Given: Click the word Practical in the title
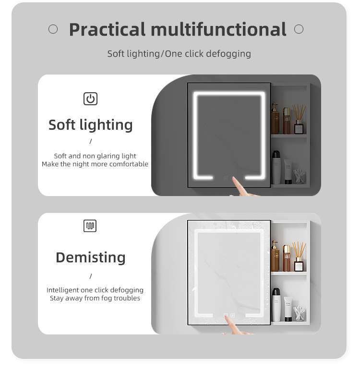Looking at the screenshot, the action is tap(107, 30).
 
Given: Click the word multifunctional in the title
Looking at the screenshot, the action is tap(218, 29).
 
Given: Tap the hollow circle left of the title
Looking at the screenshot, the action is tap(53, 29).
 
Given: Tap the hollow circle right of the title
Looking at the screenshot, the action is tap(299, 29).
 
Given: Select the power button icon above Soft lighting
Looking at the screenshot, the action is tap(91, 99).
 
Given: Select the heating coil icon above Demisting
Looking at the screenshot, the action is tap(90, 226).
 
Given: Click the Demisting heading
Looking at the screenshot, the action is tap(91, 258).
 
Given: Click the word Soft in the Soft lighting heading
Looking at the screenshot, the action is tap(62, 124).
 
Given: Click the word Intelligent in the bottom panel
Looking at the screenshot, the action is tap(62, 290).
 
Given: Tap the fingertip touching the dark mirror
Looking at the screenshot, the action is tap(234, 179).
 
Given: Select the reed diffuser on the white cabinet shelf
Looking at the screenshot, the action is tap(299, 257).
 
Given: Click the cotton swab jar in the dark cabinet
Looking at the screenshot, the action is tap(299, 176).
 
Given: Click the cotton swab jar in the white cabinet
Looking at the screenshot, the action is tap(299, 313).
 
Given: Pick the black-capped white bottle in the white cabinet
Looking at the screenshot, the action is tap(276, 305).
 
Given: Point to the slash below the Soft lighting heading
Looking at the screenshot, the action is tap(91, 141).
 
